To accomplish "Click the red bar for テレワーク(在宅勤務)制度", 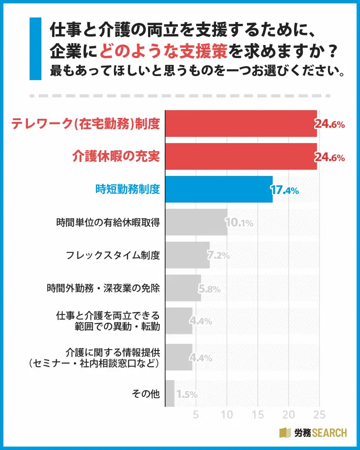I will click(x=241, y=123).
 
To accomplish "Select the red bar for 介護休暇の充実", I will click(x=241, y=157).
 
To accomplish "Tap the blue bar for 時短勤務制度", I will click(x=219, y=189).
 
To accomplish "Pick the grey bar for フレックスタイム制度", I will click(x=188, y=255).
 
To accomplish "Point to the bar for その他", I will click(x=170, y=394).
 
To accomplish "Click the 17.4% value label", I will click(x=284, y=190).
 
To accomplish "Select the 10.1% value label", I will click(x=239, y=223).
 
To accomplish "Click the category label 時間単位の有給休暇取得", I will click(x=108, y=222).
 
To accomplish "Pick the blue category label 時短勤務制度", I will click(x=128, y=189).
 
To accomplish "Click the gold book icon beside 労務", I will click(x=285, y=433).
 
